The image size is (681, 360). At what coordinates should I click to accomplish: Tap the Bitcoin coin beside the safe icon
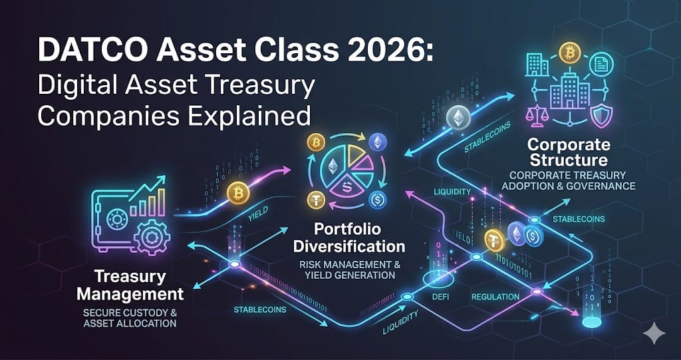237,193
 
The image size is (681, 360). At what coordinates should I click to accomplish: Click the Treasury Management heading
138,284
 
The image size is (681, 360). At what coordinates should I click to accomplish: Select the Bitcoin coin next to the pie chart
315,142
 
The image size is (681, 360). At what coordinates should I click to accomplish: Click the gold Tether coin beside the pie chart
316,199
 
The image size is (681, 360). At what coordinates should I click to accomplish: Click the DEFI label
439,297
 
